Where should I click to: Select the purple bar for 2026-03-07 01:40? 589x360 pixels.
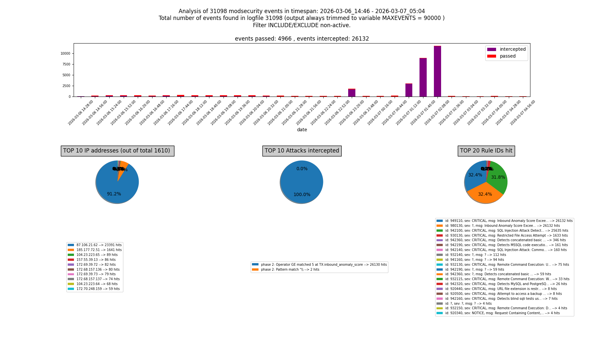point(423,77)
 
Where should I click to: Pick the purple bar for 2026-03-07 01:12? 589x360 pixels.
point(409,90)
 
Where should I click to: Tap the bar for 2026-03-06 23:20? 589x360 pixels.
point(352,93)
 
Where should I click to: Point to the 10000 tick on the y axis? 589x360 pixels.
point(65,54)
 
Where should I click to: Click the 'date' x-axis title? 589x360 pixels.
point(302,130)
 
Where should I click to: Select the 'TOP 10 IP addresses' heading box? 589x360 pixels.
point(117,151)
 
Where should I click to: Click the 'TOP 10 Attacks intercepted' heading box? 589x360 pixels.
point(302,151)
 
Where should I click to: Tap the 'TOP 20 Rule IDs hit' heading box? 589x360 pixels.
point(486,151)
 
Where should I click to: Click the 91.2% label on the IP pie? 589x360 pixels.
point(114,194)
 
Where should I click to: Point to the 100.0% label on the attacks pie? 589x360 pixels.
point(302,195)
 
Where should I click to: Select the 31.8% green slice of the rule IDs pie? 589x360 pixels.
point(498,177)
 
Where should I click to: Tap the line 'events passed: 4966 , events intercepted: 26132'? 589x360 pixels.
point(302,39)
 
